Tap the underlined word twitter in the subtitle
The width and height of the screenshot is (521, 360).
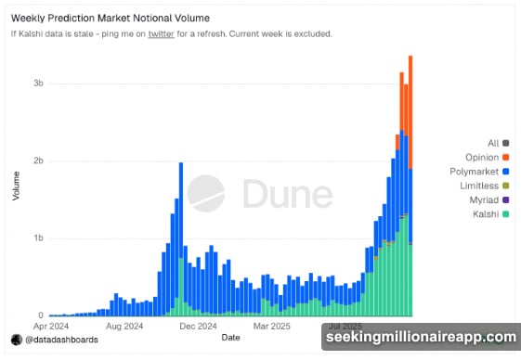(161, 34)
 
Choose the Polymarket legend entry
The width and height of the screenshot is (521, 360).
(478, 172)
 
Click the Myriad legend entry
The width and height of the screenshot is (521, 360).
(486, 200)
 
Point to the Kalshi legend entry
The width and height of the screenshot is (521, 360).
(488, 214)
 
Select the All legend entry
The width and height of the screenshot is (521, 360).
(493, 143)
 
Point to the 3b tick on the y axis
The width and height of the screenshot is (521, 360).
(38, 84)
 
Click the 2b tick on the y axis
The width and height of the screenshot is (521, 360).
(38, 161)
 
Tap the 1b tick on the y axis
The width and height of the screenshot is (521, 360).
(38, 238)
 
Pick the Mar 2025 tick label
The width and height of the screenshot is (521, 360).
(273, 327)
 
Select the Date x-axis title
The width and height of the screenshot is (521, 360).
(230, 338)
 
